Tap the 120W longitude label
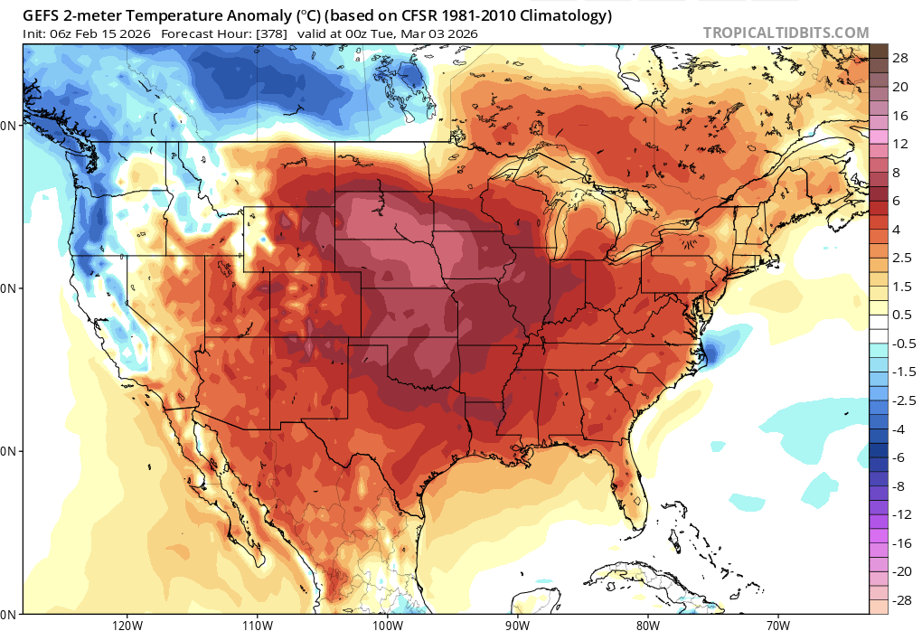(x=127, y=624)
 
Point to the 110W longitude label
(x=258, y=624)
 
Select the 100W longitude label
(x=387, y=624)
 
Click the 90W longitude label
(x=517, y=624)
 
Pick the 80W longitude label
(x=647, y=624)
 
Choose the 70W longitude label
(x=776, y=624)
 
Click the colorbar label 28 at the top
(x=900, y=58)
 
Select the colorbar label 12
(x=900, y=144)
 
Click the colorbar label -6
(x=900, y=457)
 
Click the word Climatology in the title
(x=562, y=15)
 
